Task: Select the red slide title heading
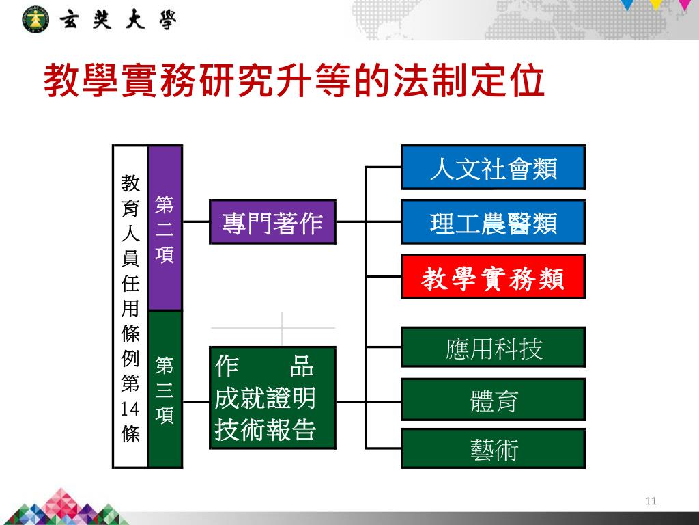pyautogui.click(x=294, y=83)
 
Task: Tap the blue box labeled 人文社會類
pyautogui.click(x=493, y=167)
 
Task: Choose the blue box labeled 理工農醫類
pyautogui.click(x=493, y=222)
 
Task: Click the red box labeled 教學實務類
pyautogui.click(x=493, y=277)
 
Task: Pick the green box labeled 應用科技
pyautogui.click(x=493, y=348)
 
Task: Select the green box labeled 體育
pyautogui.click(x=493, y=400)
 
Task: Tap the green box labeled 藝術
pyautogui.click(x=493, y=449)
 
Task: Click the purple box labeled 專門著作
pyautogui.click(x=272, y=222)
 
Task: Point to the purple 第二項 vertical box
pyautogui.click(x=165, y=228)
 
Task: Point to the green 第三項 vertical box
pyautogui.click(x=165, y=389)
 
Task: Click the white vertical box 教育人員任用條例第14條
pyautogui.click(x=130, y=306)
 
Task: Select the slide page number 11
pyautogui.click(x=650, y=502)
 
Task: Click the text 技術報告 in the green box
pyautogui.click(x=266, y=429)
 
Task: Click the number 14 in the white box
pyautogui.click(x=130, y=409)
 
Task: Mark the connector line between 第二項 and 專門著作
pyautogui.click(x=196, y=222)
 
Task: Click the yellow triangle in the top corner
pyautogui.click(x=656, y=4)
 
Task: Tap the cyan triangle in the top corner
pyautogui.click(x=628, y=4)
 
